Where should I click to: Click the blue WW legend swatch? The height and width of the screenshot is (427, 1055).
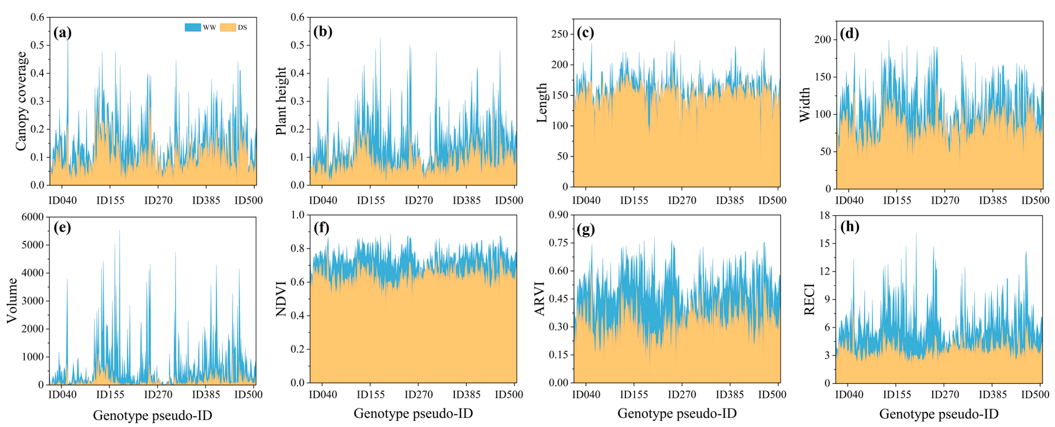(x=192, y=27)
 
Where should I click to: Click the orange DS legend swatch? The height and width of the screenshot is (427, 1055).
(x=228, y=27)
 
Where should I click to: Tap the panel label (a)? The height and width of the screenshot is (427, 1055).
(x=62, y=33)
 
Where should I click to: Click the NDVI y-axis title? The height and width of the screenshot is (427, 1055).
(x=281, y=298)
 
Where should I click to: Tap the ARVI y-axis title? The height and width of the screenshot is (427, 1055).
(x=540, y=298)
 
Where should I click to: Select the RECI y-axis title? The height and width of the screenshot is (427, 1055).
(x=809, y=299)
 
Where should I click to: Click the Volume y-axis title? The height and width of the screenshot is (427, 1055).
(x=12, y=300)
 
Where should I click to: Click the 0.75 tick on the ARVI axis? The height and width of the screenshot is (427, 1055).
(x=559, y=243)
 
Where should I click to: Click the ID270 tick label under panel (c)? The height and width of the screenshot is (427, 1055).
(x=682, y=200)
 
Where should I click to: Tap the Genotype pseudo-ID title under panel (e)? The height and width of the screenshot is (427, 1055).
(x=152, y=416)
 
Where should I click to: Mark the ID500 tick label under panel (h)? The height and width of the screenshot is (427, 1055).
(x=1035, y=200)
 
